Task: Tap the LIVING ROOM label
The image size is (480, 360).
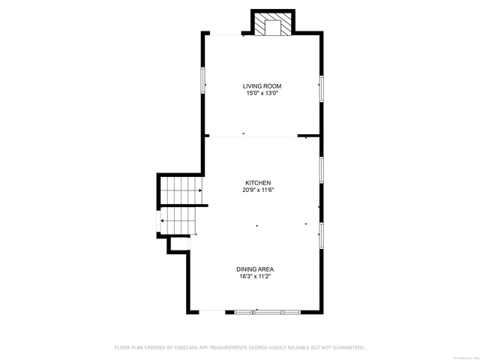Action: (261, 86)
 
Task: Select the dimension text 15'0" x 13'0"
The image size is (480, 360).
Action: (261, 93)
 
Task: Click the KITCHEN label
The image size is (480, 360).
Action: (257, 183)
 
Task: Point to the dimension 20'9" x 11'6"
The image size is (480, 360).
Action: (257, 190)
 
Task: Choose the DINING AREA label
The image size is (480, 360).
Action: (255, 269)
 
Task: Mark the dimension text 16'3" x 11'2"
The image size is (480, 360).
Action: (255, 276)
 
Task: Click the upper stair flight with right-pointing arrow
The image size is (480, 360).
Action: (181, 191)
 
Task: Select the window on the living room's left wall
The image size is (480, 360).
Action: (202, 80)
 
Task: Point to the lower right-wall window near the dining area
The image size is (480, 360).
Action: (321, 235)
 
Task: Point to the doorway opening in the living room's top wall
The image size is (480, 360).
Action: (225, 34)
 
